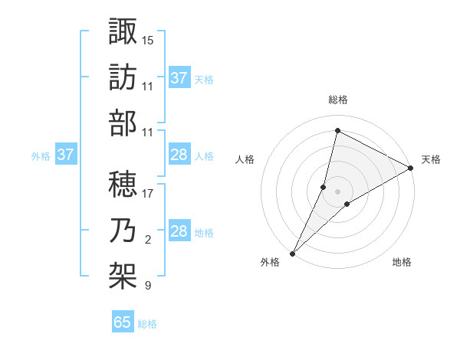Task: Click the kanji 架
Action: pyautogui.click(x=123, y=274)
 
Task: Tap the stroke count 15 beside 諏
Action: pyautogui.click(x=147, y=39)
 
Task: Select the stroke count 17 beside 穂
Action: pyautogui.click(x=147, y=193)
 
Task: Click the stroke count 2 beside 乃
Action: pyautogui.click(x=147, y=240)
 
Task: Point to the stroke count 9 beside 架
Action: pyautogui.click(x=147, y=286)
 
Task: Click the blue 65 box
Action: pyautogui.click(x=123, y=322)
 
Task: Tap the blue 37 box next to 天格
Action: pyautogui.click(x=179, y=77)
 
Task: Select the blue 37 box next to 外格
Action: pyautogui.click(x=66, y=155)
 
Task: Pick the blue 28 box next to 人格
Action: pyautogui.click(x=179, y=155)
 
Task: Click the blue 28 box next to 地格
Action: pyautogui.click(x=179, y=231)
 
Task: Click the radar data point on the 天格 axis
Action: pyautogui.click(x=411, y=169)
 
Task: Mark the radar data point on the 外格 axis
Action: pyautogui.click(x=292, y=253)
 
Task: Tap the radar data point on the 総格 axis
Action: pyautogui.click(x=337, y=130)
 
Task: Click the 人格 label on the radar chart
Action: pyautogui.click(x=245, y=159)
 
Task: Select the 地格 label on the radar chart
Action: pyautogui.click(x=402, y=262)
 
